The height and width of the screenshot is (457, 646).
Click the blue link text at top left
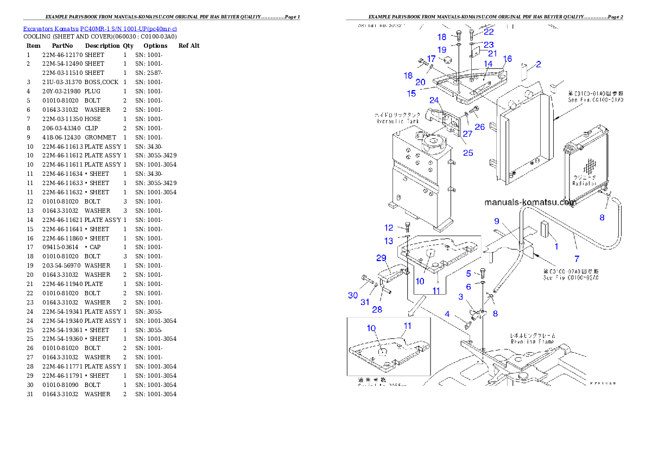click(100, 28)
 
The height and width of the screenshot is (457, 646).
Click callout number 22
click(489, 32)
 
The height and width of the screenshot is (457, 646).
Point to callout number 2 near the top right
click(538, 65)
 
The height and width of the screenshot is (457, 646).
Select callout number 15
click(411, 93)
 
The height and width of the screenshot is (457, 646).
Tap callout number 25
click(468, 153)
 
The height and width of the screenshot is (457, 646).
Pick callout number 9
click(497, 221)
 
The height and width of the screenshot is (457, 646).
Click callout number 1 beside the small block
click(556, 246)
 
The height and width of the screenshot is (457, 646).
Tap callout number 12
click(389, 228)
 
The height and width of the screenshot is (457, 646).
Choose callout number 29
click(381, 257)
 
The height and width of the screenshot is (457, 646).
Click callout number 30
click(353, 295)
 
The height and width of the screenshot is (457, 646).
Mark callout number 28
click(377, 309)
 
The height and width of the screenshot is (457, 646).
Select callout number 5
click(468, 274)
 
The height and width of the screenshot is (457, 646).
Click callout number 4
click(447, 314)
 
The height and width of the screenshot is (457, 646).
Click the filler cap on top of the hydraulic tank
click(434, 144)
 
